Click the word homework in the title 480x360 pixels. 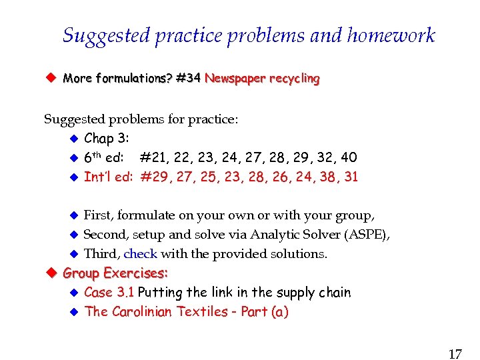391,35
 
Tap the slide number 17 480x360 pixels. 455,354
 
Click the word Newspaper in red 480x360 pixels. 231,79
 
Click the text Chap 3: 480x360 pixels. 107,139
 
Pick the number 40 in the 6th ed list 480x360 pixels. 349,158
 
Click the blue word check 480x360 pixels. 141,254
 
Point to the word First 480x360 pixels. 99,215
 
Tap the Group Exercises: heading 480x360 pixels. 115,273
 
